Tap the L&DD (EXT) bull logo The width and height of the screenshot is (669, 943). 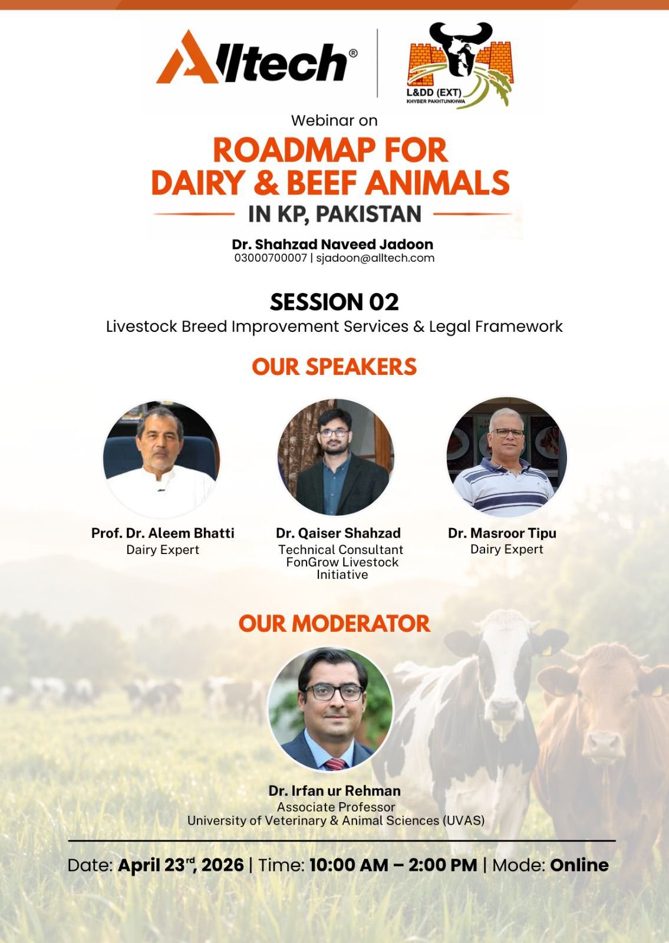tap(460, 65)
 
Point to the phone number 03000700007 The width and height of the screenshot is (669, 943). tap(271, 258)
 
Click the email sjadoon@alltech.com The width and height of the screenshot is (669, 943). tap(375, 258)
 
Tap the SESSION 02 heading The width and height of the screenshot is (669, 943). tap(334, 302)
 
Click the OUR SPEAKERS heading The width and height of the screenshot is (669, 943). tap(334, 366)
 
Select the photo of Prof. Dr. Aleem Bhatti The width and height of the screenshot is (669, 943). tap(162, 459)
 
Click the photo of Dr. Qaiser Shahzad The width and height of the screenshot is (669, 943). tap(335, 457)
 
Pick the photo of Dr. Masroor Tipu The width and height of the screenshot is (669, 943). tap(506, 457)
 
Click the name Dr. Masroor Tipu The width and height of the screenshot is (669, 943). tap(502, 533)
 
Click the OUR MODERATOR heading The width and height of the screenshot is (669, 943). tap(334, 624)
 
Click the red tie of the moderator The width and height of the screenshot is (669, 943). tap(335, 764)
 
